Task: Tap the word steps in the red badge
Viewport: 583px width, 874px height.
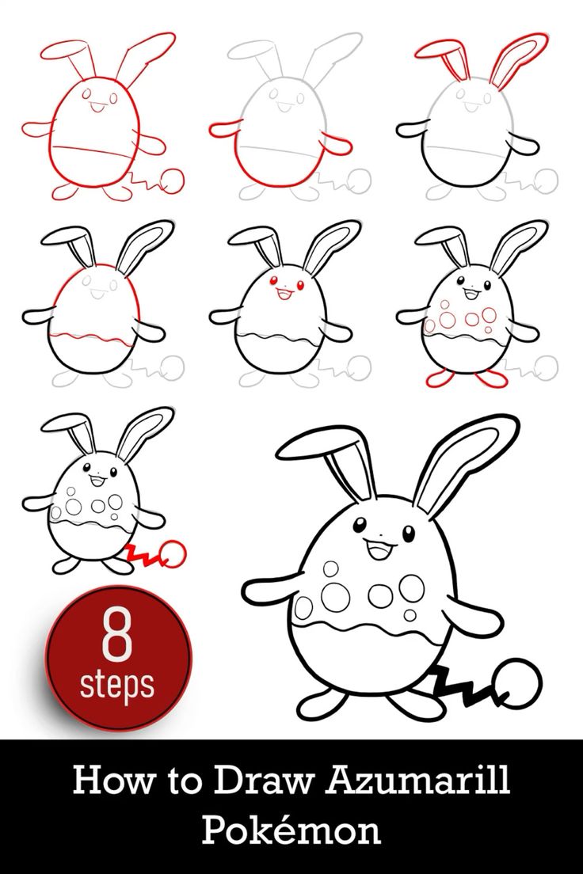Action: (x=116, y=685)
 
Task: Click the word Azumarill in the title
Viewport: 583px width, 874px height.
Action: (x=418, y=780)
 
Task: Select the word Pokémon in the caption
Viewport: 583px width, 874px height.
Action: (x=291, y=830)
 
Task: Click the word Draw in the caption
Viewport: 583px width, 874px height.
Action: (x=262, y=781)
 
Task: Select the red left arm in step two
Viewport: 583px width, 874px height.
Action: (x=225, y=130)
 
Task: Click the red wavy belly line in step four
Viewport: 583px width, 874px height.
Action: (x=93, y=338)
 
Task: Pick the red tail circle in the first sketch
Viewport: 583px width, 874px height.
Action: (x=172, y=180)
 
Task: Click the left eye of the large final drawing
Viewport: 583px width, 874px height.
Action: (x=360, y=525)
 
